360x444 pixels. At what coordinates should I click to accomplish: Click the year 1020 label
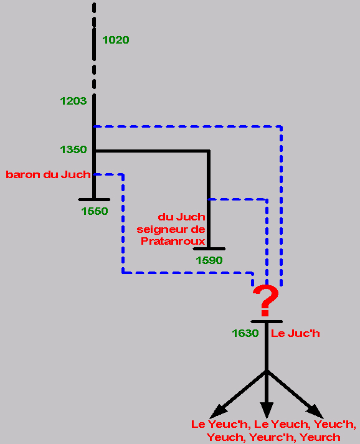point(116,40)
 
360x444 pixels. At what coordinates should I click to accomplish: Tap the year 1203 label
point(73,101)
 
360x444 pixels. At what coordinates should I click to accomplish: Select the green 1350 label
point(73,149)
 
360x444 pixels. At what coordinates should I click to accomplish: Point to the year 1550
point(95,211)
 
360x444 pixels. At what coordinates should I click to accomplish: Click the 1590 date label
point(209,260)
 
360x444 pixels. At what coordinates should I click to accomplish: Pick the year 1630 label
point(245,333)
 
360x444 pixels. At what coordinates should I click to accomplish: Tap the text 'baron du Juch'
point(48,175)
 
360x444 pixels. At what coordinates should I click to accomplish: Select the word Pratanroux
point(173,241)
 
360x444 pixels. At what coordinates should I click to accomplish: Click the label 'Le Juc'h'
point(295,334)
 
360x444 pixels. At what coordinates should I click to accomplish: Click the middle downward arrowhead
point(267,410)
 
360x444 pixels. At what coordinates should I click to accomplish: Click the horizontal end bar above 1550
point(94,200)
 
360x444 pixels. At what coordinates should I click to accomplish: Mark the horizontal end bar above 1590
point(209,249)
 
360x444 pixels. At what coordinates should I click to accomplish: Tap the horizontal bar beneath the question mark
point(267,322)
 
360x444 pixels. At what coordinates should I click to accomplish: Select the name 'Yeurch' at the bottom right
point(320,437)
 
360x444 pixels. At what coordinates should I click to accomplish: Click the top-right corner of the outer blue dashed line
point(281,126)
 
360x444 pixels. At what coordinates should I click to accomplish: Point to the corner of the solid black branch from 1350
point(209,151)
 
